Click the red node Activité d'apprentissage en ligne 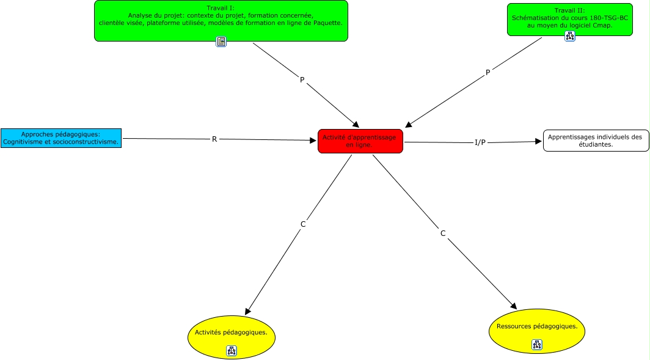coord(360,141)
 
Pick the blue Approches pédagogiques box coord(60,138)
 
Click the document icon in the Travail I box coord(221,42)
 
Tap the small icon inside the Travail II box coord(570,36)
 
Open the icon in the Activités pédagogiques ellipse coord(232,351)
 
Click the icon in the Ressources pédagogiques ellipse coord(537,345)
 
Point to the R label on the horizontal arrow coord(214,139)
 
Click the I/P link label coord(480,142)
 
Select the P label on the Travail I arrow coord(302,80)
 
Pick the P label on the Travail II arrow coord(487,73)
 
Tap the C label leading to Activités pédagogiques coord(303,224)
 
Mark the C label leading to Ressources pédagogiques coord(443,233)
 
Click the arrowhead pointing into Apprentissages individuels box coord(539,141)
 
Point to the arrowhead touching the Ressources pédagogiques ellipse coord(514,306)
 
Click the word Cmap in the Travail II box coord(602,26)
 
